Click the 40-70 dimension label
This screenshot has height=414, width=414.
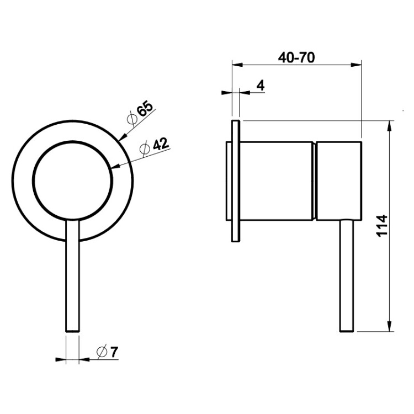(296, 57)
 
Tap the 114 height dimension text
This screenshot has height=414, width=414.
(383, 226)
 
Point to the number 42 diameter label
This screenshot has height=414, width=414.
(161, 144)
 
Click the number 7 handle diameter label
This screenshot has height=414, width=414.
(114, 352)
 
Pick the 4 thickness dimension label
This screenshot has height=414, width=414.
(261, 86)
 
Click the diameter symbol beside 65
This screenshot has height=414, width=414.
(132, 120)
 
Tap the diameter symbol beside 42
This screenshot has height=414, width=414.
(145, 148)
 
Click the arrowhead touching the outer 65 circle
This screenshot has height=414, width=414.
(123, 137)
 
